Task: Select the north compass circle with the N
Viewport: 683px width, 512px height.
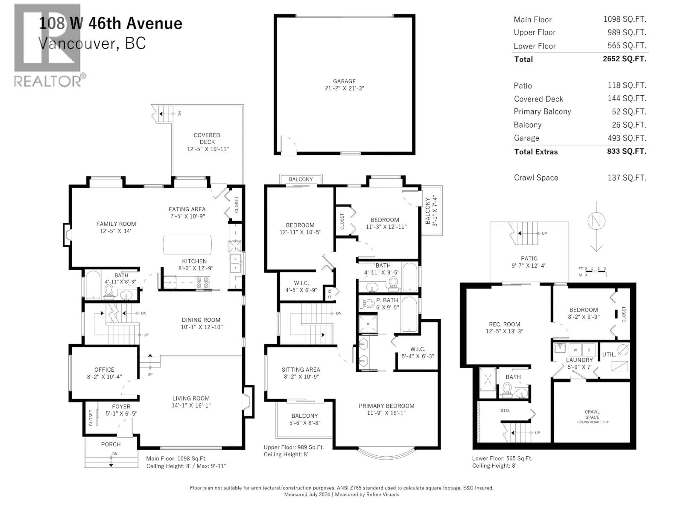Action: coord(596,221)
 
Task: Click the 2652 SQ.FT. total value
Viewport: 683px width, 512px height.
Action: coord(624,59)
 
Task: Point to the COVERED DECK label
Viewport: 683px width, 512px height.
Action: coord(207,138)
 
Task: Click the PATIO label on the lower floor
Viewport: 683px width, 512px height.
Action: coord(529,258)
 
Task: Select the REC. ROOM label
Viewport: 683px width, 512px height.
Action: coord(504,324)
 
